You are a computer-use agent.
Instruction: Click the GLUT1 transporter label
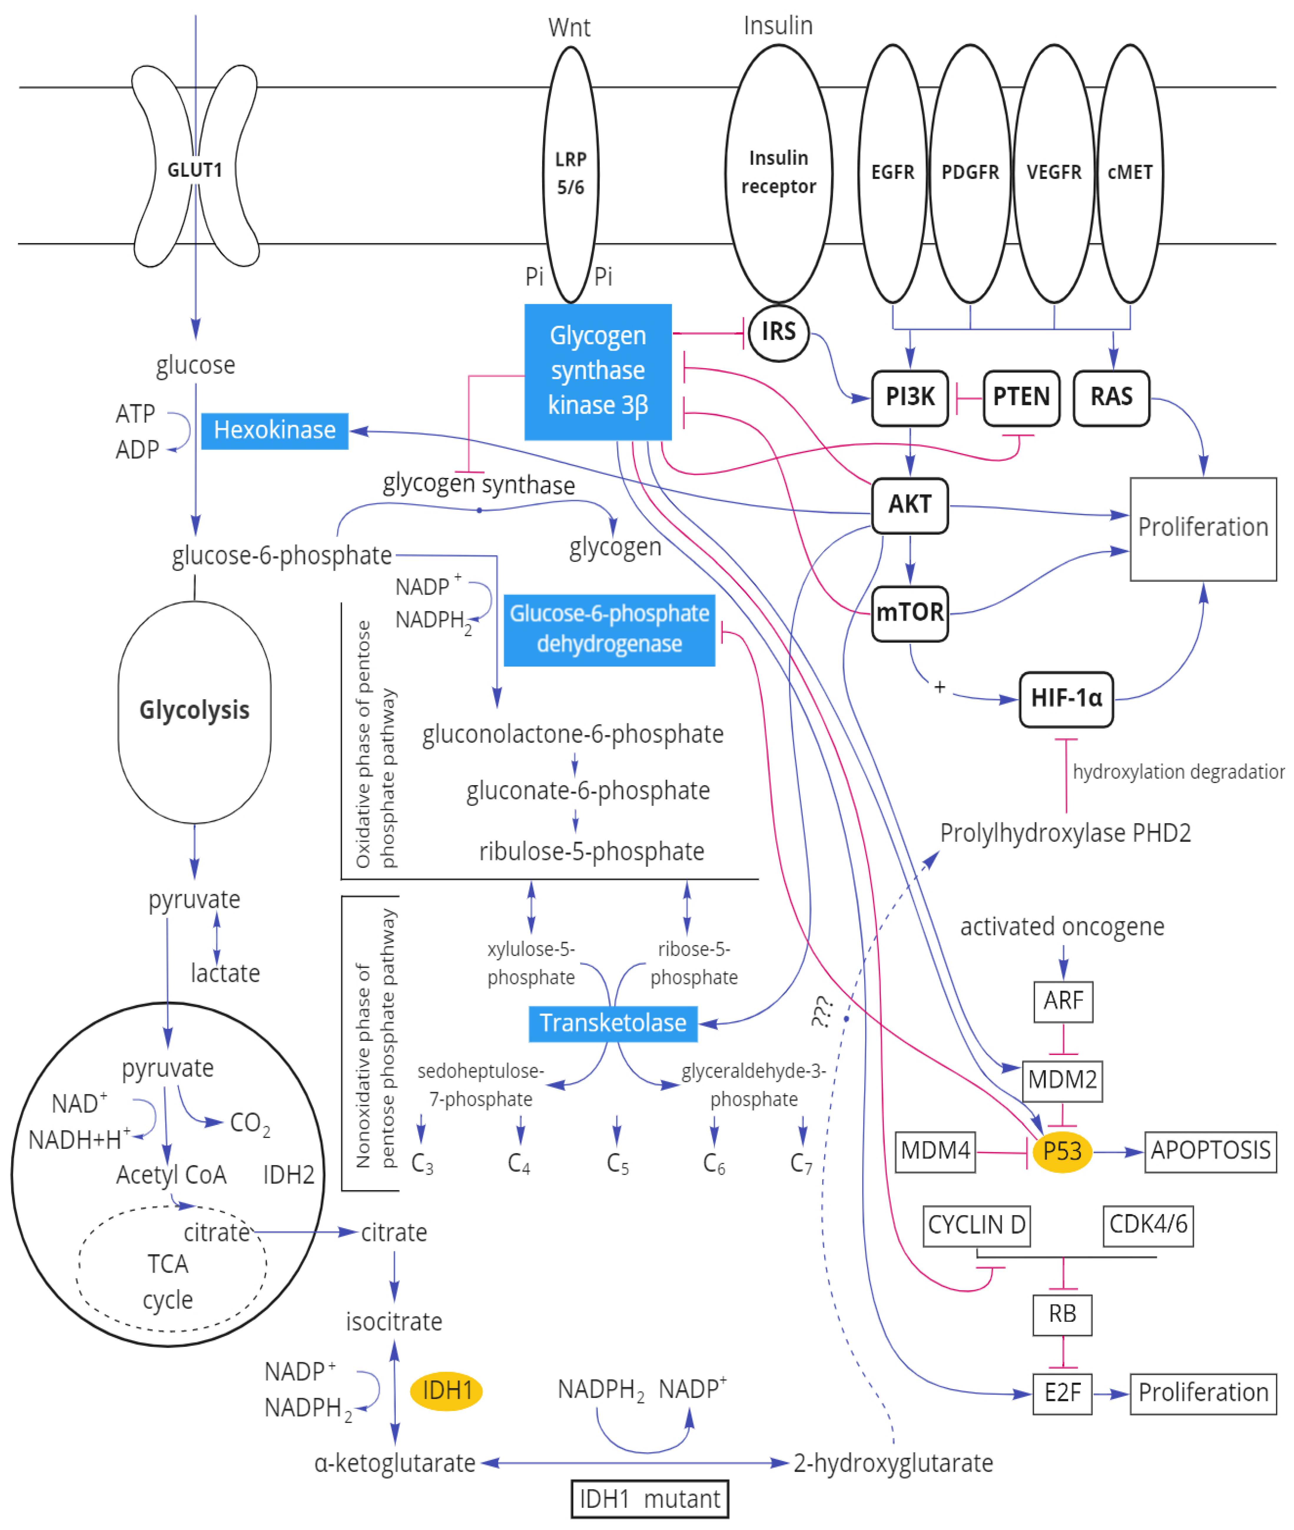(x=194, y=170)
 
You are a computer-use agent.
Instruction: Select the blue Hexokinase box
(x=274, y=430)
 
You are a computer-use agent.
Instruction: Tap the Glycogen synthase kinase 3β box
(x=598, y=371)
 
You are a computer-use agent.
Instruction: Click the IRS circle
(x=778, y=333)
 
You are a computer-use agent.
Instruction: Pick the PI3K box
(x=910, y=397)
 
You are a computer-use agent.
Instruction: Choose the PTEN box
(x=1021, y=397)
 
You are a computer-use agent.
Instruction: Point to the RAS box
(x=1111, y=397)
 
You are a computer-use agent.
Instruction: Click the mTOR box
(x=910, y=612)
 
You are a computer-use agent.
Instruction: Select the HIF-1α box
(x=1066, y=698)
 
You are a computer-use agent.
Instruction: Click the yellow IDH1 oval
(x=446, y=1390)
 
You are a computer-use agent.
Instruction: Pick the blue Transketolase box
(x=613, y=1023)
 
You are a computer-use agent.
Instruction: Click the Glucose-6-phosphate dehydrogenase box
(x=609, y=629)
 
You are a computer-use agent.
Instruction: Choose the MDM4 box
(x=935, y=1151)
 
